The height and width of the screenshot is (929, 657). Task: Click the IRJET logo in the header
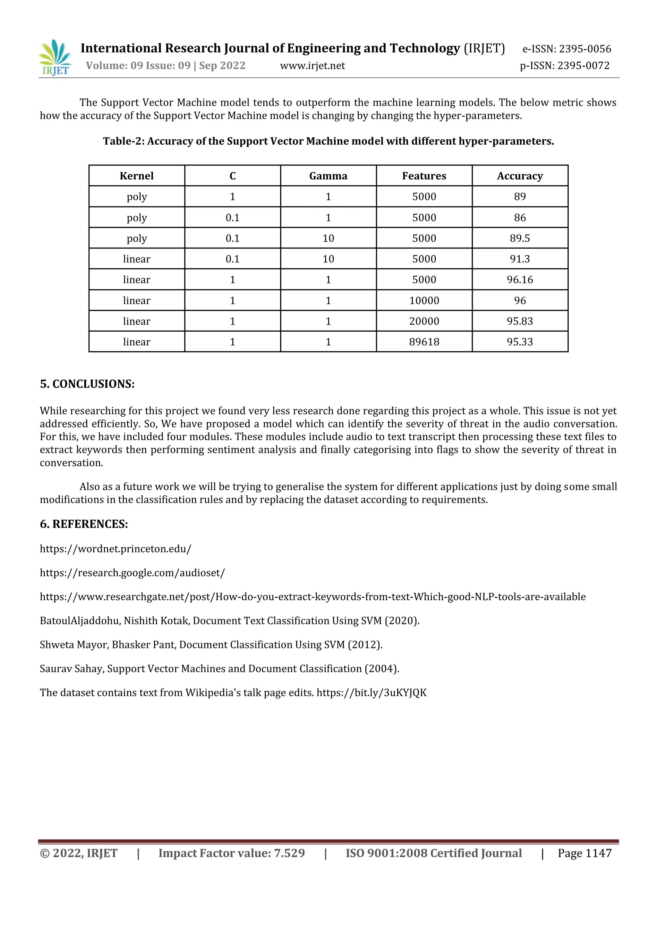[55, 57]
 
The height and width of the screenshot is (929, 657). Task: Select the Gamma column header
[328, 176]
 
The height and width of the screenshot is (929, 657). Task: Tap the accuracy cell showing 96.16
[519, 280]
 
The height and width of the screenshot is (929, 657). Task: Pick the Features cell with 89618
[424, 342]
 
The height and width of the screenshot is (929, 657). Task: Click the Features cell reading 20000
[424, 321]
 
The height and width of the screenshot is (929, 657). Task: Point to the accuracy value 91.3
[519, 259]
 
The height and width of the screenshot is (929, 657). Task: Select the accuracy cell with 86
[519, 218]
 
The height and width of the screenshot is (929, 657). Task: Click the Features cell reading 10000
[424, 300]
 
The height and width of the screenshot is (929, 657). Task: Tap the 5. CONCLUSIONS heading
[87, 384]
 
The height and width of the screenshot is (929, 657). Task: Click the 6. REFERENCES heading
[84, 524]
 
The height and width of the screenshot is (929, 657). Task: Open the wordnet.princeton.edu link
[115, 549]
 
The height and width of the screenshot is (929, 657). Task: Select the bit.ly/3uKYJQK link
[371, 692]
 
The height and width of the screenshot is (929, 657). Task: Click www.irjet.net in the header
[312, 65]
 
